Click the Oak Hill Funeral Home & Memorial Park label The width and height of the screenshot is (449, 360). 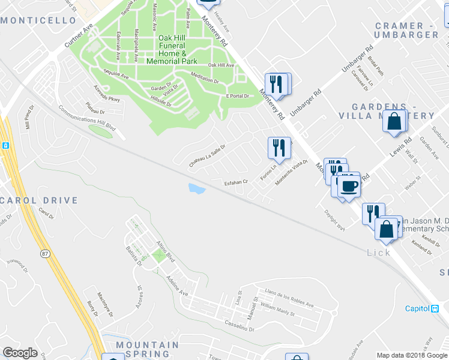(178, 49)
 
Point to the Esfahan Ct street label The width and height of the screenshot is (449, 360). (236, 182)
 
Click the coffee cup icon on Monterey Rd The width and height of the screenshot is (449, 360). (348, 186)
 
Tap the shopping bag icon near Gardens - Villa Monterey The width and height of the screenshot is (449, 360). (394, 121)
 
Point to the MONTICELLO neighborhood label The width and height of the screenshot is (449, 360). (38, 20)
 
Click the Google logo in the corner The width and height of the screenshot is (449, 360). (20, 353)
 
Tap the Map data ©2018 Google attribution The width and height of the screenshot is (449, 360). (412, 355)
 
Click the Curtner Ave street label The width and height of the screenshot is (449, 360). (80, 38)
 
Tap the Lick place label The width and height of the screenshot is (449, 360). (379, 253)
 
